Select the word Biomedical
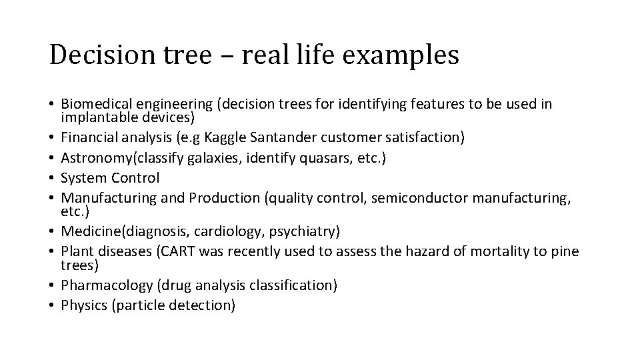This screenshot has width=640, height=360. (x=94, y=104)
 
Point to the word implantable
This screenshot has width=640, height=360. (x=93, y=117)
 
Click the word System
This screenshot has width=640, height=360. (x=81, y=178)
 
